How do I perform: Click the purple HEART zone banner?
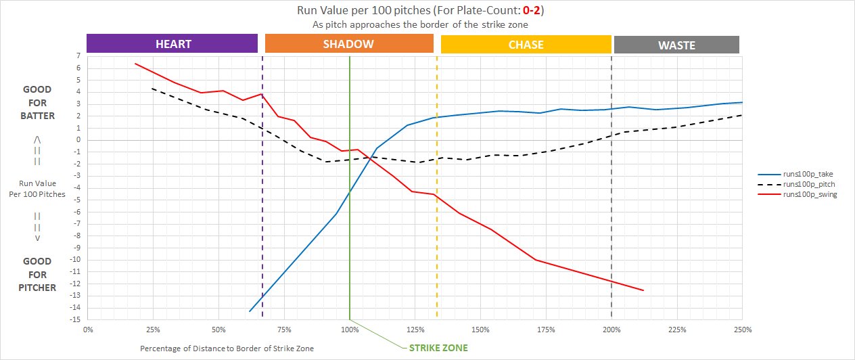tap(172, 44)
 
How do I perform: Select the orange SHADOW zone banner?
tap(349, 44)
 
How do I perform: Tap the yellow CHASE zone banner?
tap(526, 45)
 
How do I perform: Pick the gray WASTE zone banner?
tap(676, 45)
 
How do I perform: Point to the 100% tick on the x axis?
tap(350, 330)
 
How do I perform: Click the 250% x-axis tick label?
tap(742, 330)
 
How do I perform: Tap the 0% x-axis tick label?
tap(88, 330)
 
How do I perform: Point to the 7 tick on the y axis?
tap(79, 55)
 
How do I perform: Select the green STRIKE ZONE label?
tap(438, 348)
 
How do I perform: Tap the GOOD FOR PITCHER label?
tap(38, 275)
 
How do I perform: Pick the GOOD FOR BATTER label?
tap(37, 102)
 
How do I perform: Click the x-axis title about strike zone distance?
tap(227, 348)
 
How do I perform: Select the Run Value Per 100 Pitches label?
tap(37, 189)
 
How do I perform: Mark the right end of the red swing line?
tap(643, 290)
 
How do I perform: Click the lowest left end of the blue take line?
tap(250, 311)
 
